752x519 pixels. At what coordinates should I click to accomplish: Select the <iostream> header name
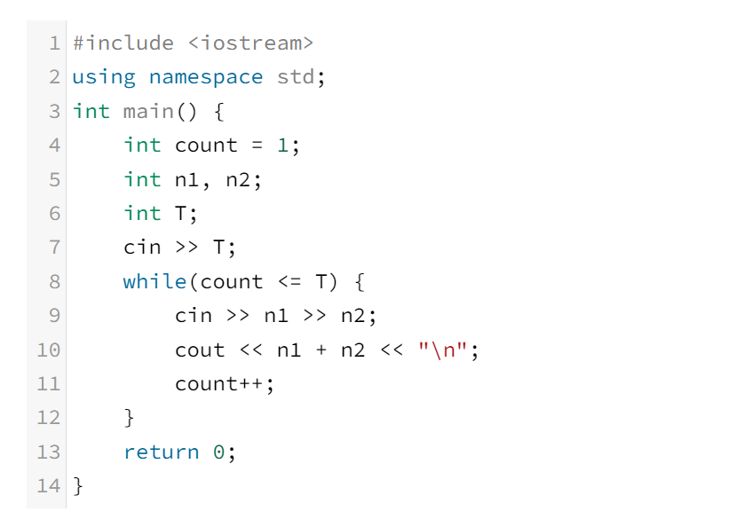(251, 43)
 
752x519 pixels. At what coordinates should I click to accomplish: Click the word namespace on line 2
(206, 77)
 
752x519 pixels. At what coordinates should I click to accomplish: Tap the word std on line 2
(296, 77)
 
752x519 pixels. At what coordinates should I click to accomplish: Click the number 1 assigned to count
(283, 145)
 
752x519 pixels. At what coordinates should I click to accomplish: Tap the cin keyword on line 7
(142, 248)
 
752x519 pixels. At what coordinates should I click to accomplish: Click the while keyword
(154, 282)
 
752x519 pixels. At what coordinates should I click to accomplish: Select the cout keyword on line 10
(200, 350)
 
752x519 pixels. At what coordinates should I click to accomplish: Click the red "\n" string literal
(444, 350)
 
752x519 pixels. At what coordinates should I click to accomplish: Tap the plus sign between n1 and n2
(322, 350)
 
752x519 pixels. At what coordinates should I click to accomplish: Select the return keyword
(162, 452)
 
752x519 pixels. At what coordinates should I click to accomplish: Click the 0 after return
(219, 452)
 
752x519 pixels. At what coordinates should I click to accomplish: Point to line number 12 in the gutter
(48, 418)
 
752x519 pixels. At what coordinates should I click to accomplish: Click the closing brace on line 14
(77, 486)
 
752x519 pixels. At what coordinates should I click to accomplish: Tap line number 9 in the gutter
(54, 316)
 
